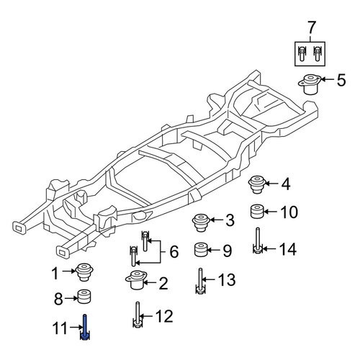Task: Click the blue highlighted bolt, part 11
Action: [85, 328]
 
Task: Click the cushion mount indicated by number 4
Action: [257, 184]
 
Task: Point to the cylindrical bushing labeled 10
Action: [257, 212]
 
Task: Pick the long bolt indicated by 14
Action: [258, 240]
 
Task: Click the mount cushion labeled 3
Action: [201, 222]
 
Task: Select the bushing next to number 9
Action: [201, 250]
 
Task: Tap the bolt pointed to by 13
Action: [201, 281]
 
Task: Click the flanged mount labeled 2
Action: [136, 280]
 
